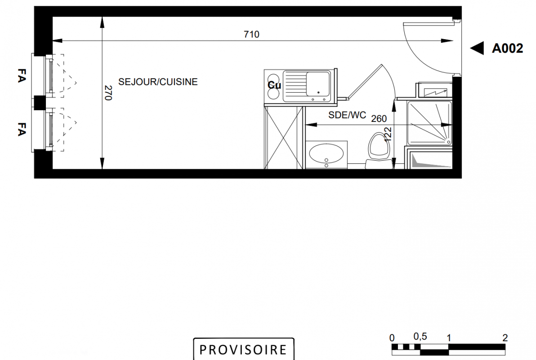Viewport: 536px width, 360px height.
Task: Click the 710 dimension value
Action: (x=251, y=34)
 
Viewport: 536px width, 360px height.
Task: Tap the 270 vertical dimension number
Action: (x=108, y=93)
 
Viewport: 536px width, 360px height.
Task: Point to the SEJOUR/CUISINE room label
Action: (x=158, y=82)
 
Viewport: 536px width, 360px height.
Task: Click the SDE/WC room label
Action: (x=347, y=115)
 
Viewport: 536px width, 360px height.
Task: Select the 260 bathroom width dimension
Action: (x=379, y=119)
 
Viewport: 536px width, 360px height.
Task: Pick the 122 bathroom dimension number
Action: (x=388, y=135)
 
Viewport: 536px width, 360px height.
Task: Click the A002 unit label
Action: (x=507, y=49)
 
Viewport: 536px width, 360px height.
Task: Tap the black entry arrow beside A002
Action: (x=477, y=48)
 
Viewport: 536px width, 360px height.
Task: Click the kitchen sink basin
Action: (x=318, y=84)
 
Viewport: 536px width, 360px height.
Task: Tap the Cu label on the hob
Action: (x=274, y=85)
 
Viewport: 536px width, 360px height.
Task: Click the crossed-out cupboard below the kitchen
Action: (x=284, y=138)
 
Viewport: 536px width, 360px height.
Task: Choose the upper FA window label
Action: (x=22, y=75)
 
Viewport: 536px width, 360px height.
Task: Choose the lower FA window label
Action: (x=22, y=129)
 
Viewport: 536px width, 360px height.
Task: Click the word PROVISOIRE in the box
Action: (x=243, y=350)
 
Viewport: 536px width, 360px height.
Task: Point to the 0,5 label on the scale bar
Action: (x=420, y=337)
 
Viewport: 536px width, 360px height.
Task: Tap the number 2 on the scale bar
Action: (x=505, y=338)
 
